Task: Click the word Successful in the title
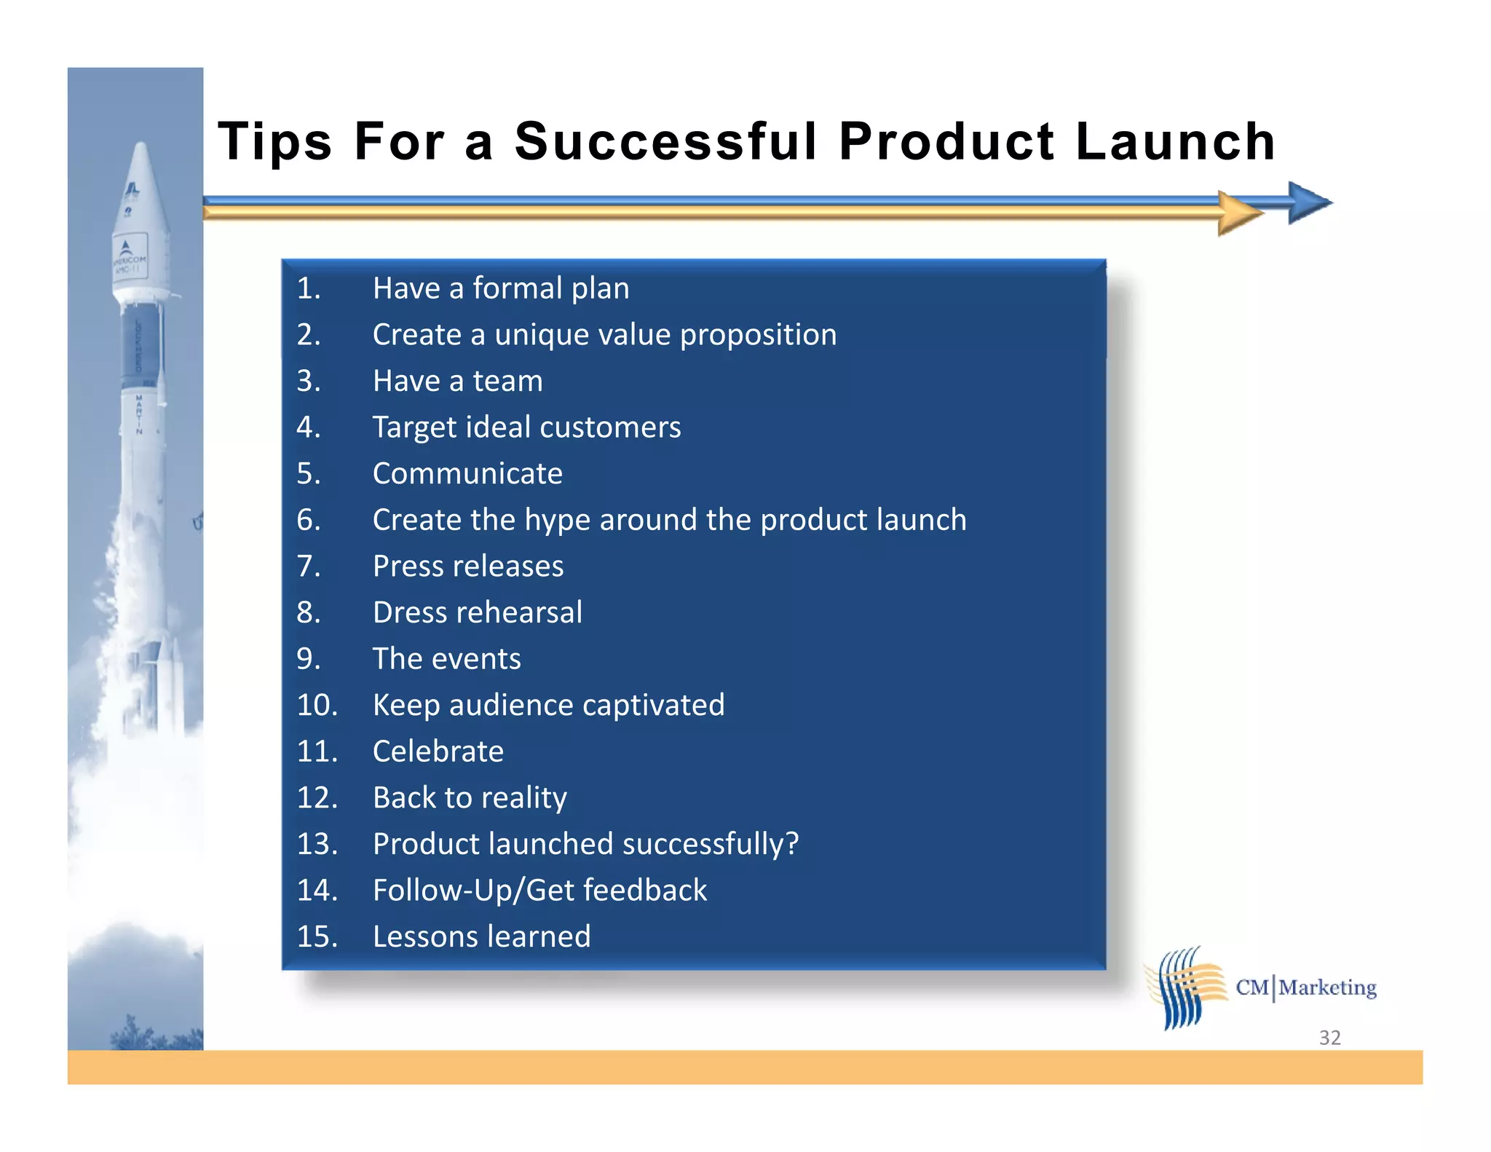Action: click(x=665, y=141)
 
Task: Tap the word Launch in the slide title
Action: click(x=1175, y=141)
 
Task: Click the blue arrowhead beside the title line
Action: click(x=1308, y=202)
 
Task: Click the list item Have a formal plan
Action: click(x=501, y=288)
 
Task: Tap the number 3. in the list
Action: click(x=309, y=381)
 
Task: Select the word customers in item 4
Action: click(x=610, y=427)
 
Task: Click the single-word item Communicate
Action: click(x=467, y=474)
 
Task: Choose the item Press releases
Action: click(x=468, y=567)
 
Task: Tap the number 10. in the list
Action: click(x=317, y=705)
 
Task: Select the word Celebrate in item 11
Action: click(x=438, y=751)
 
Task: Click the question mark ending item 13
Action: click(x=791, y=843)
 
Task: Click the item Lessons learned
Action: click(x=481, y=936)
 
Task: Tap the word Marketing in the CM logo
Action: click(x=1327, y=987)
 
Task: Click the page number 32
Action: click(x=1329, y=1038)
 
